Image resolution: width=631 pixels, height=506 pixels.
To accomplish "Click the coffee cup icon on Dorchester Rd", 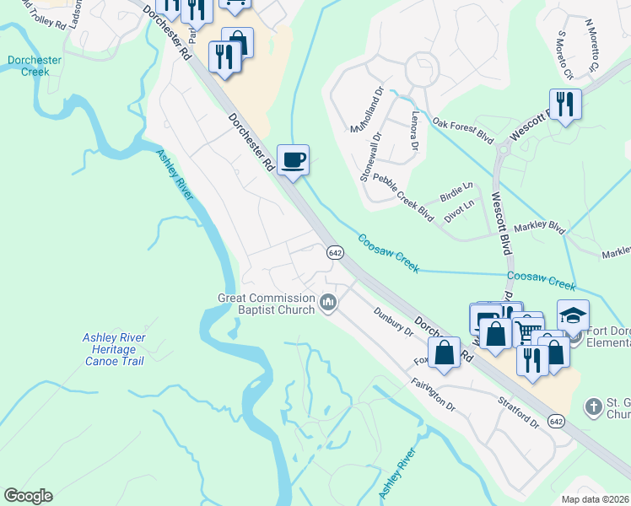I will coord(293,160).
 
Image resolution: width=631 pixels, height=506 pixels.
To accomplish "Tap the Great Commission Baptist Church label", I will coord(267,303).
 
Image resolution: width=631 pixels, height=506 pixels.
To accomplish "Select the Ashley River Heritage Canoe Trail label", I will coord(114,349).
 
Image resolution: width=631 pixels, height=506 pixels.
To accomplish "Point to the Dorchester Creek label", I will coord(35,66).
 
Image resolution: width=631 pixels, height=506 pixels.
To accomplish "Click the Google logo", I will coord(28,496).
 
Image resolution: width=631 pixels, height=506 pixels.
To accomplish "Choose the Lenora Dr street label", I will coord(413,131).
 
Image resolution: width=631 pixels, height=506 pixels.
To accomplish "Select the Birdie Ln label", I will coord(456,191).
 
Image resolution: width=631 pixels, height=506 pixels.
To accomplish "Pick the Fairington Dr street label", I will coord(434,393).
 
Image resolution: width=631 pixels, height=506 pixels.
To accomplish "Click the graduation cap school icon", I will coord(572,315).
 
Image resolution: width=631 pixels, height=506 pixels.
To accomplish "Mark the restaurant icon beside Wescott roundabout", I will coord(564,104).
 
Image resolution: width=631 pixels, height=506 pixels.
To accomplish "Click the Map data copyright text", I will coord(596,499).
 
